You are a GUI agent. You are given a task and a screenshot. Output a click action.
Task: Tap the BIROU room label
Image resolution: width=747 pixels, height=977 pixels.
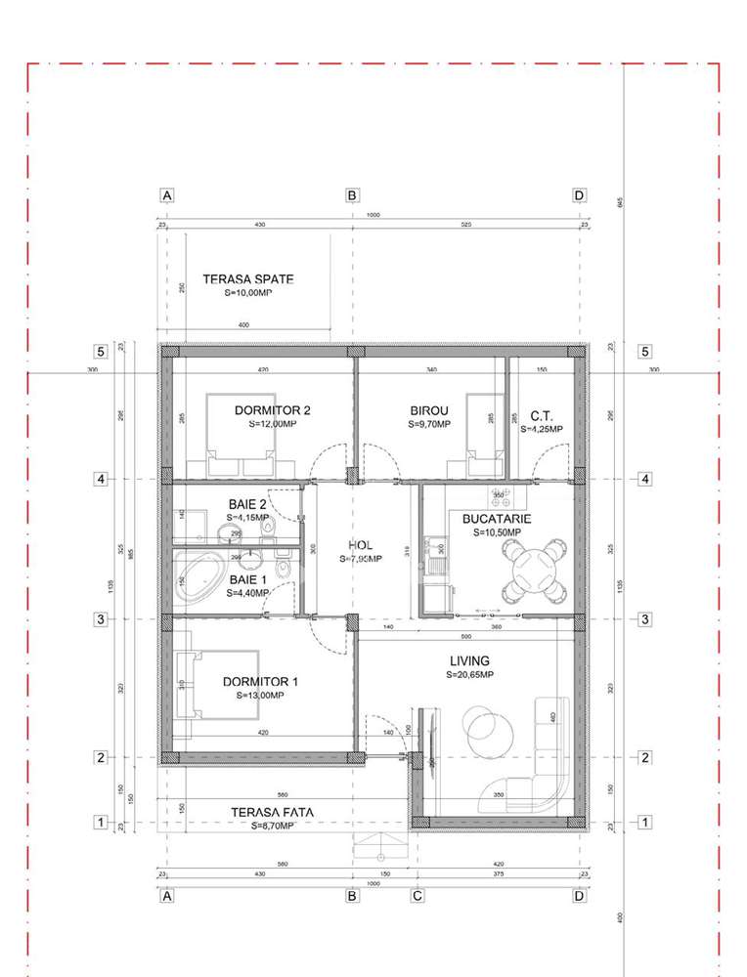pyautogui.click(x=428, y=411)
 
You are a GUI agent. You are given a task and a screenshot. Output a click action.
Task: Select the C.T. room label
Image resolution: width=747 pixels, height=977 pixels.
pyautogui.click(x=542, y=415)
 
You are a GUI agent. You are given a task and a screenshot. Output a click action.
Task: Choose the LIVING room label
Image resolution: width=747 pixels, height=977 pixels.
pyautogui.click(x=469, y=661)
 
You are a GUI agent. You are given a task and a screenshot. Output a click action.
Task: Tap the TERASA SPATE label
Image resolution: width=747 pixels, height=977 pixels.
pyautogui.click(x=247, y=279)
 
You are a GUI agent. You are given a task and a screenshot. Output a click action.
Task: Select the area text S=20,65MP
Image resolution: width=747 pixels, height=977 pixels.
pyautogui.click(x=469, y=674)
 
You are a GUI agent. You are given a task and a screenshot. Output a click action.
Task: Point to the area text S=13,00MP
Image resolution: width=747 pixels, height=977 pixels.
pyautogui.click(x=259, y=696)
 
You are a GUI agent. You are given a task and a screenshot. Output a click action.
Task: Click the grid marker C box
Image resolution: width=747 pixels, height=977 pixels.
pyautogui.click(x=417, y=895)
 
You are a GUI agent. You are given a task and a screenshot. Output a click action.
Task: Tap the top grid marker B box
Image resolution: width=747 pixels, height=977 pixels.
pyautogui.click(x=352, y=195)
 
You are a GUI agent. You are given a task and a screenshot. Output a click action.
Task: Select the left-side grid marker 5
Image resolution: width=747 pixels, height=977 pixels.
pyautogui.click(x=100, y=352)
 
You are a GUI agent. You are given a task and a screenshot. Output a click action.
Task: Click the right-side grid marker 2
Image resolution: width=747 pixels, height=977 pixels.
pyautogui.click(x=644, y=757)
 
